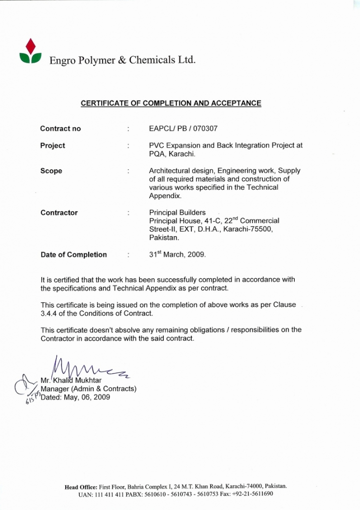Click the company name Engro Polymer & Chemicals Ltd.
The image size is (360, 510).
(x=122, y=60)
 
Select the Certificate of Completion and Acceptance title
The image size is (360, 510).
(x=171, y=103)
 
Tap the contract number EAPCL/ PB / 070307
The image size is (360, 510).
(x=183, y=128)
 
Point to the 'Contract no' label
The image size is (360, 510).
(x=60, y=128)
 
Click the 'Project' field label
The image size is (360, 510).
(x=53, y=145)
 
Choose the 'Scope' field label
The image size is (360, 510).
(x=51, y=171)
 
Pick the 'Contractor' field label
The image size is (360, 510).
(x=59, y=213)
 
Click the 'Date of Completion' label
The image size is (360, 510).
(x=74, y=255)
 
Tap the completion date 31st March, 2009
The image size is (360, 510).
(x=177, y=254)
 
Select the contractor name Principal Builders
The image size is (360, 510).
(x=177, y=213)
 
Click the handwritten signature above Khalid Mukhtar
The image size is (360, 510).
(x=90, y=369)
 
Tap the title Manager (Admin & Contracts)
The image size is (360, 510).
(x=89, y=389)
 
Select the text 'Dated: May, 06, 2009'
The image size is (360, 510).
(x=75, y=397)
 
